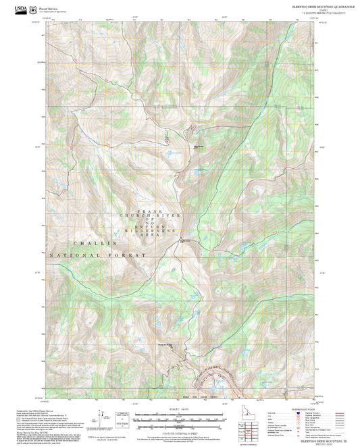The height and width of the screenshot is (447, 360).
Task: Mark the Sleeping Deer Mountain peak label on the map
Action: pyautogui.click(x=168, y=345)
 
